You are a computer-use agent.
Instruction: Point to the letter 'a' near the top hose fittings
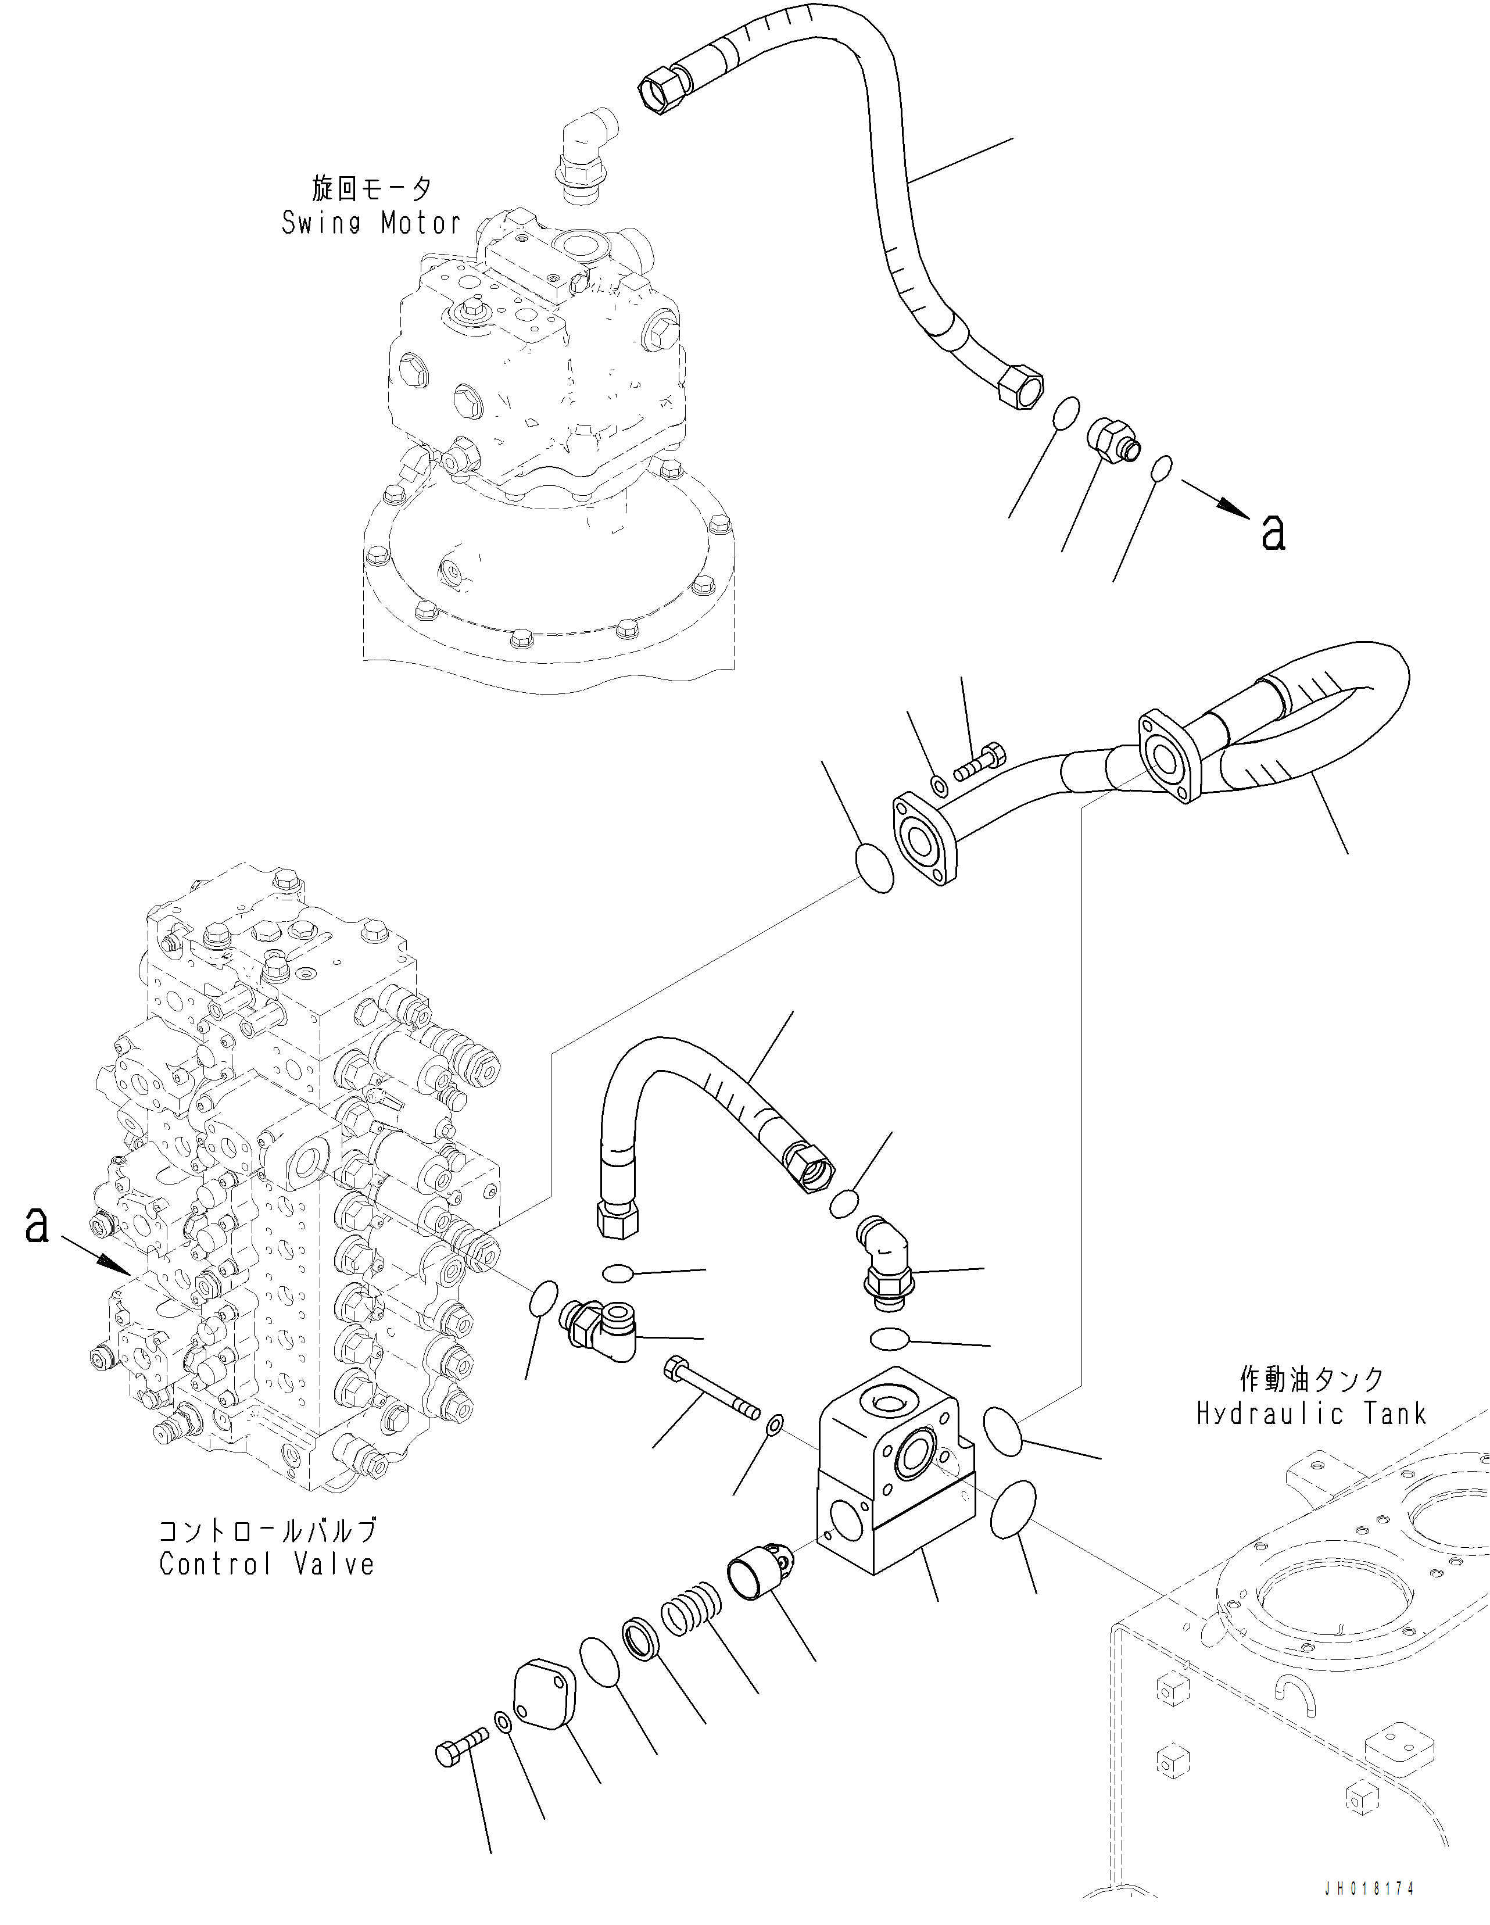click(1273, 531)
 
